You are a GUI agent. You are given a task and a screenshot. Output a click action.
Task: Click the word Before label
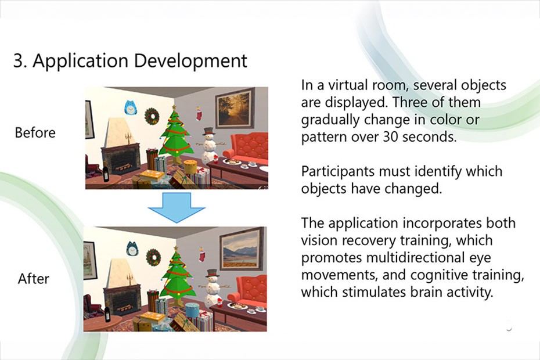pyautogui.click(x=35, y=132)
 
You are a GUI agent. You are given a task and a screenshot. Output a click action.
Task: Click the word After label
pyautogui.click(x=34, y=278)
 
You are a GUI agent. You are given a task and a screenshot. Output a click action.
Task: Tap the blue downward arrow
pyautogui.click(x=177, y=207)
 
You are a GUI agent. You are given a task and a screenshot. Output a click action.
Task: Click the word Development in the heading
pyautogui.click(x=190, y=62)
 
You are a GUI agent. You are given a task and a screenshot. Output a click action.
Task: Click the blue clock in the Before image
pyautogui.click(x=130, y=108)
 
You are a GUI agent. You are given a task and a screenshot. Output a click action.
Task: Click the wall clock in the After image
pyautogui.click(x=132, y=249)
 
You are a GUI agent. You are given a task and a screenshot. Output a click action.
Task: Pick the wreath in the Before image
pyautogui.click(x=152, y=116)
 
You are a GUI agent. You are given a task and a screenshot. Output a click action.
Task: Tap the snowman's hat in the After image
pyautogui.click(x=212, y=273)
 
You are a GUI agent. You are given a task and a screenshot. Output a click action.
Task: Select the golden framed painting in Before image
pyautogui.click(x=235, y=108)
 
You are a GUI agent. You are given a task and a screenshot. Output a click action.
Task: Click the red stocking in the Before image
pyautogui.click(x=199, y=113)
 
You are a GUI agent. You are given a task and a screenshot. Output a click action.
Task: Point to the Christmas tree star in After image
pyautogui.click(x=176, y=248)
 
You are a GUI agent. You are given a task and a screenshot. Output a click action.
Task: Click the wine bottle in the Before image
pyautogui.click(x=106, y=171)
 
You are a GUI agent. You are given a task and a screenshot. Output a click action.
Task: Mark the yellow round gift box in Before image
pyautogui.click(x=190, y=167)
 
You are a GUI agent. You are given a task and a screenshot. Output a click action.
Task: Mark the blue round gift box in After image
pyautogui.click(x=193, y=309)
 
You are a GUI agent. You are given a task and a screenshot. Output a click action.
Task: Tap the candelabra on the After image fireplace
pyautogui.click(x=129, y=279)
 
